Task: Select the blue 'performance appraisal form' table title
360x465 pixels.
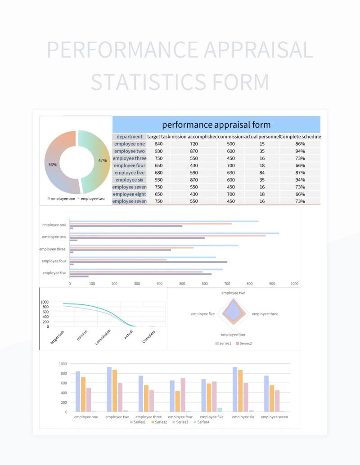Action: click(216, 125)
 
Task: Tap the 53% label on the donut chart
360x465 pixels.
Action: click(53, 165)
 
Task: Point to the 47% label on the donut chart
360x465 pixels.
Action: click(103, 161)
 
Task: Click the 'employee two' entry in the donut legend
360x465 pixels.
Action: click(92, 198)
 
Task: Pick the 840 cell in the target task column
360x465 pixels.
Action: click(158, 144)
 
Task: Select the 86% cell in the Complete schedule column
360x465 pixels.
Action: click(300, 144)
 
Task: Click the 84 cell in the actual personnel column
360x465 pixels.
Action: click(262, 173)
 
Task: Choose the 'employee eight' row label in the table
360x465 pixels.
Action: click(129, 194)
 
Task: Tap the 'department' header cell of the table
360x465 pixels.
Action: click(129, 137)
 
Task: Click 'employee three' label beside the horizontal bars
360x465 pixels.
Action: click(53, 249)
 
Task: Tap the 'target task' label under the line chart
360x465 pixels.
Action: click(58, 337)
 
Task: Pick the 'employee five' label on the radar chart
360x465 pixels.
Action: click(202, 314)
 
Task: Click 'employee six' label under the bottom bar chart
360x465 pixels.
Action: click(243, 417)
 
